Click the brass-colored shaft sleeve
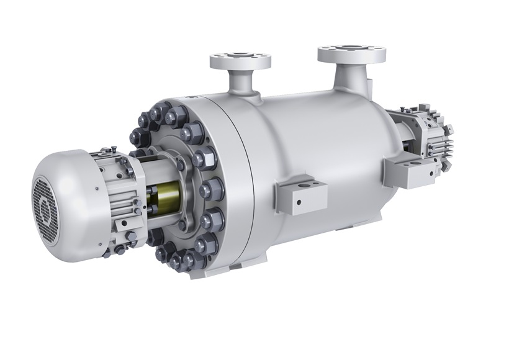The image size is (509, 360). pyautogui.click(x=163, y=199)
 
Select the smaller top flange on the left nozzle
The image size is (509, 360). pyautogui.click(x=240, y=61)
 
